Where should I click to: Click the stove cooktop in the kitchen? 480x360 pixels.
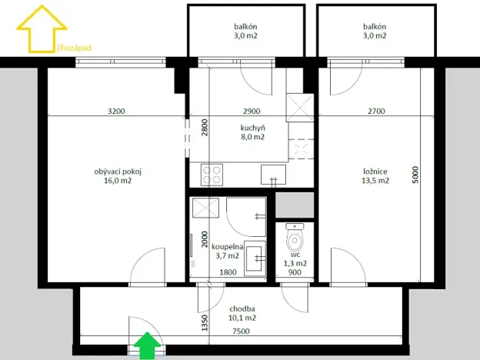[x=213, y=175]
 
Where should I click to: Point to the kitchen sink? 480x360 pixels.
[x=272, y=175]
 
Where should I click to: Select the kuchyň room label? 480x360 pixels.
[x=252, y=132]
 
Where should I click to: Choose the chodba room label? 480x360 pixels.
[x=242, y=312]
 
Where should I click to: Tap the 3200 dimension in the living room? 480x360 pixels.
[x=116, y=112]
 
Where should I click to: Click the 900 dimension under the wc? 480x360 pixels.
[x=295, y=272]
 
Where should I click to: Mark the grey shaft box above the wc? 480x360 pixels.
[x=295, y=205]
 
